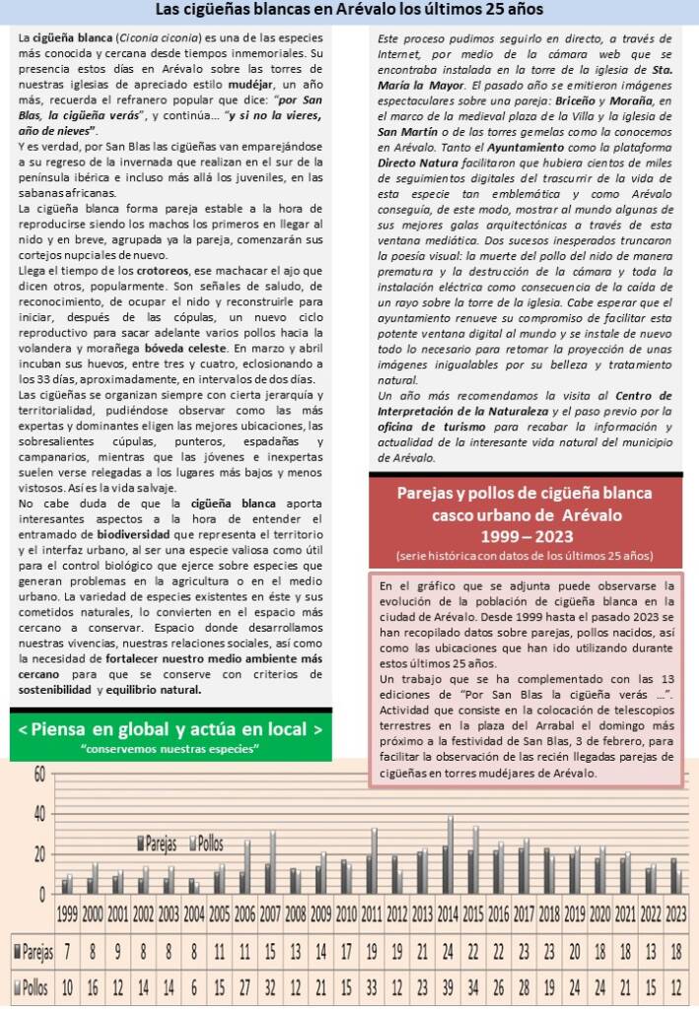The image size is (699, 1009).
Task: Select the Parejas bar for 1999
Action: click(x=64, y=886)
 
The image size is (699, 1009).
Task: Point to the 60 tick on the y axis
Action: click(x=39, y=774)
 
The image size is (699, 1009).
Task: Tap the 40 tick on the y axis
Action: click(x=39, y=814)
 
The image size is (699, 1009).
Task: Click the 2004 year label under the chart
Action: click(x=194, y=912)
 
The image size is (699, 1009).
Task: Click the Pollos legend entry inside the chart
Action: click(x=208, y=844)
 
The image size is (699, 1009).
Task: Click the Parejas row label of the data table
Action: click(x=33, y=951)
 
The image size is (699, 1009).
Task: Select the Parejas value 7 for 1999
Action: click(x=67, y=951)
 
